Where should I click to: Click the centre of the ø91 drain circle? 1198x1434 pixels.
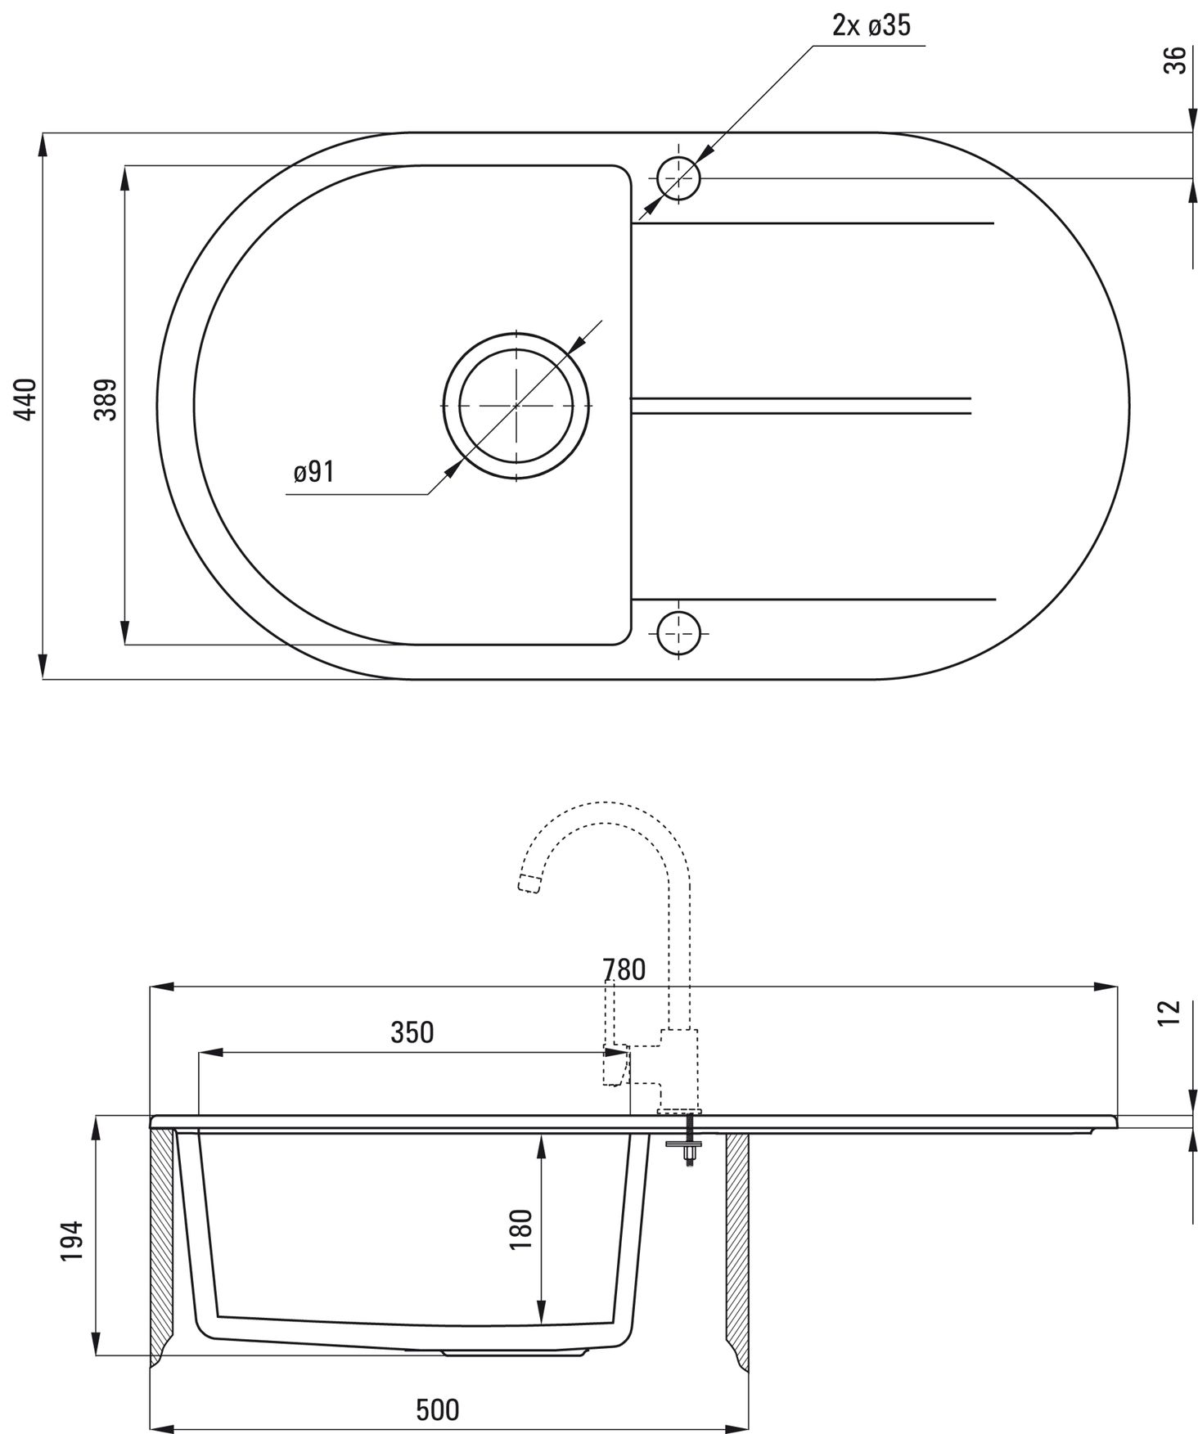(516, 405)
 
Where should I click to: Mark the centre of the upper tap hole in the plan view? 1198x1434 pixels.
(678, 178)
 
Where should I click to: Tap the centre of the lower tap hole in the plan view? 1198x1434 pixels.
(678, 632)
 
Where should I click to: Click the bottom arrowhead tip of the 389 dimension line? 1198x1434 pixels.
(125, 645)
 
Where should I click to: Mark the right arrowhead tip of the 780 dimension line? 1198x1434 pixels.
(1118, 987)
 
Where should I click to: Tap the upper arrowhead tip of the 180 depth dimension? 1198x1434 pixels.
(540, 1135)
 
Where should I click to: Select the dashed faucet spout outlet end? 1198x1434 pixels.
(530, 883)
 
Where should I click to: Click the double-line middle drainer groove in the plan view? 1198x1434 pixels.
(800, 406)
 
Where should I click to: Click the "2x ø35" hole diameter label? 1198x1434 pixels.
(871, 25)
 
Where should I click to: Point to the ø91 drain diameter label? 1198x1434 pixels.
(314, 472)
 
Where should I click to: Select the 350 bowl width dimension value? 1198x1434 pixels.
(412, 1032)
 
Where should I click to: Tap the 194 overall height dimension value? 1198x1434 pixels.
(72, 1241)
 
